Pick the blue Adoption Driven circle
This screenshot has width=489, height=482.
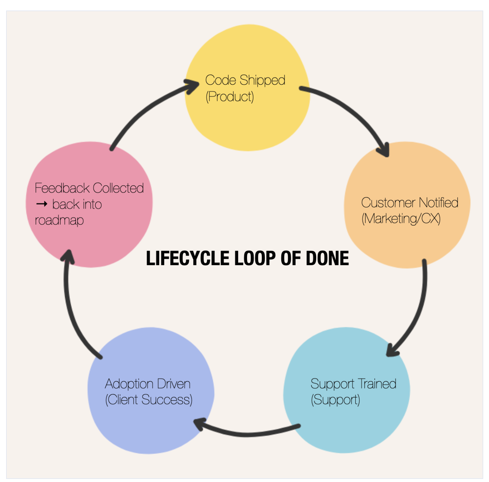coord(151,423)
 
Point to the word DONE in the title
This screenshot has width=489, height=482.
coord(327,258)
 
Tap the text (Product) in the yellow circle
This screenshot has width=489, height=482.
coord(230,97)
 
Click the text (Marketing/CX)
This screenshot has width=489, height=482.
coord(401,219)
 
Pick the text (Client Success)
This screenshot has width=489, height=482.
coord(149,400)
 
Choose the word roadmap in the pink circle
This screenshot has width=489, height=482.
coord(59,220)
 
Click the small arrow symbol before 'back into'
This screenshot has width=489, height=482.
coord(42,204)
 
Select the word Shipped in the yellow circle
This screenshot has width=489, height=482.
coord(262,81)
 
